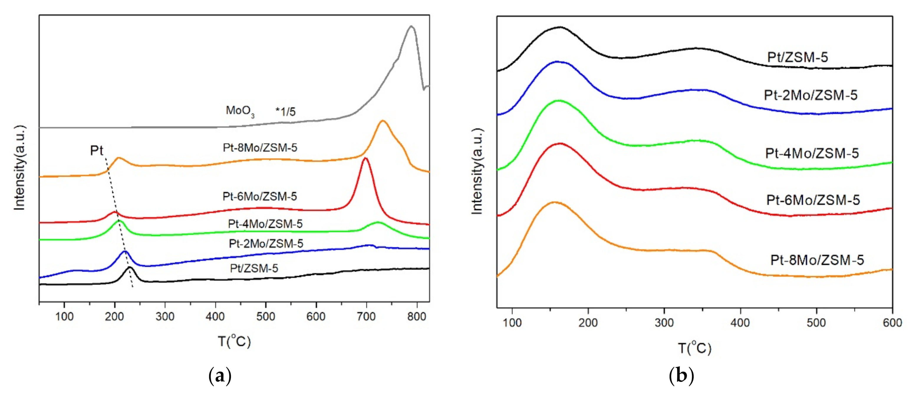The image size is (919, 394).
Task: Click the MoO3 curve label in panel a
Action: pos(240,111)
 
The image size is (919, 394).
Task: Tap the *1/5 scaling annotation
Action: pos(285,112)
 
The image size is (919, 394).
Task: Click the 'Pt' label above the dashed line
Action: pos(96,151)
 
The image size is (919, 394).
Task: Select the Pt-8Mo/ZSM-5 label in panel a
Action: pos(260,148)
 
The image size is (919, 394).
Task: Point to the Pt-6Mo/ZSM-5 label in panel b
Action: pos(813,200)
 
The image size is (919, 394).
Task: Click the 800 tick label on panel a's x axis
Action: pos(416,316)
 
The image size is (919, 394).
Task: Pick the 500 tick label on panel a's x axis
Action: pos(266,316)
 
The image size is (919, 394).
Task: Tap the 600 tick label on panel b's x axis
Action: pos(892,323)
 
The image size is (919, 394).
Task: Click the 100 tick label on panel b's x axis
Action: pos(512,323)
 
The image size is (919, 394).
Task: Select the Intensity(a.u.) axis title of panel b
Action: pos(477,171)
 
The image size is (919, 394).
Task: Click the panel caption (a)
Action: pos(220,376)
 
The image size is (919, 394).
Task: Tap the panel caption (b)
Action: pos(682,376)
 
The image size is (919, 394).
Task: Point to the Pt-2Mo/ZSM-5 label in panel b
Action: pos(811,95)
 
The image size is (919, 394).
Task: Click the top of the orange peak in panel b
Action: pos(554,202)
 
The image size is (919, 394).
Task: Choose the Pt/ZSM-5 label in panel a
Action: pos(254,268)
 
